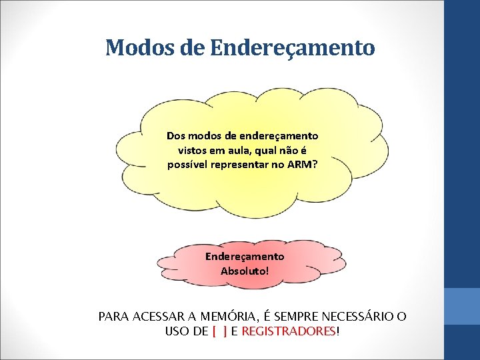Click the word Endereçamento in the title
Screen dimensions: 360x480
(x=292, y=48)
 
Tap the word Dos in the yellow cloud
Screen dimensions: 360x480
(x=176, y=135)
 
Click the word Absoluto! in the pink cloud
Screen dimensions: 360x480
(x=245, y=271)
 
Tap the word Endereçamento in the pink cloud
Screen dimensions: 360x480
(x=245, y=256)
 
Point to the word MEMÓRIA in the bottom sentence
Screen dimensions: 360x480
(x=212, y=317)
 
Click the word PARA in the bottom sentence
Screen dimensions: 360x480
(x=113, y=317)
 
